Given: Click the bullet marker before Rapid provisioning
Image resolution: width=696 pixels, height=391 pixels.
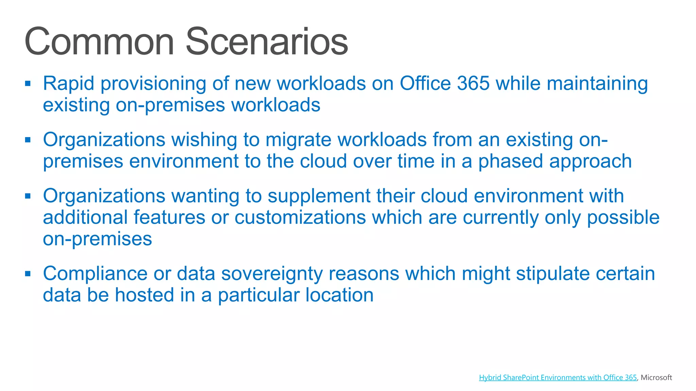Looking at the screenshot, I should click(x=28, y=83).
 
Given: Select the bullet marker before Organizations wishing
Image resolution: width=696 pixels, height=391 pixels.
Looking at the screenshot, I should click(x=28, y=139).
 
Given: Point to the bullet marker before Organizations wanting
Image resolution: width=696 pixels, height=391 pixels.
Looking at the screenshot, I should click(x=28, y=196).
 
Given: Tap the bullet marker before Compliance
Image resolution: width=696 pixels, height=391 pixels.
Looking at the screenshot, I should click(x=28, y=274).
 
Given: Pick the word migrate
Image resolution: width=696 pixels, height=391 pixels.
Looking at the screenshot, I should click(x=298, y=140).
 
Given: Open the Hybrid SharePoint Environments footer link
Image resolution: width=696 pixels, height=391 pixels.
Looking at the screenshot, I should click(x=558, y=377).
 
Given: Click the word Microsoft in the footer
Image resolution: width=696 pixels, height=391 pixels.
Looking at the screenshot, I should click(x=656, y=377).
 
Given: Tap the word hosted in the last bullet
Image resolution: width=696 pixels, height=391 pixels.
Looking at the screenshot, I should click(x=144, y=295).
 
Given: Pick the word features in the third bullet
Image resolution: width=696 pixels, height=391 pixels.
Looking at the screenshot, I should click(x=169, y=218).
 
